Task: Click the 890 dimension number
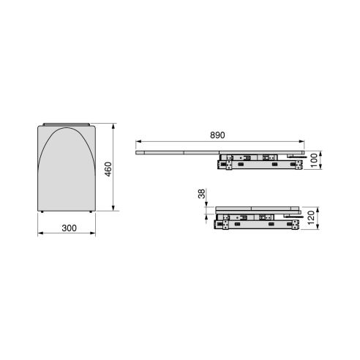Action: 217,135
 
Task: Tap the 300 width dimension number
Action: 69,228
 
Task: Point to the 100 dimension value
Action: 314,159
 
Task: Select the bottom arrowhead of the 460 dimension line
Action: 114,210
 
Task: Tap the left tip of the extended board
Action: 138,152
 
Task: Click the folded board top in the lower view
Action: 256,209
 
